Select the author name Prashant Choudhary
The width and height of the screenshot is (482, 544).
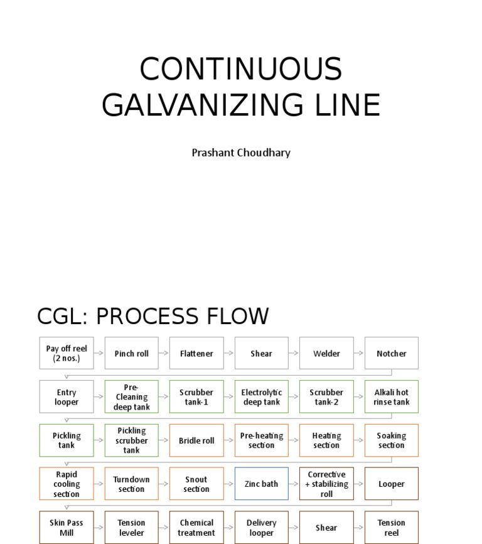[x=241, y=153]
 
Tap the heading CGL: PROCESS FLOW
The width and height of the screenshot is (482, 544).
[x=153, y=316]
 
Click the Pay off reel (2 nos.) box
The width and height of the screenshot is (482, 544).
[x=67, y=353]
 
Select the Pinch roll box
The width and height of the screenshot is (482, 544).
[x=132, y=353]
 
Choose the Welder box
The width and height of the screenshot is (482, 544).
[x=326, y=353]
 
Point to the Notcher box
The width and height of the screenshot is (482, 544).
[x=392, y=353]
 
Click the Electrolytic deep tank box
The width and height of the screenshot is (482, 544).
[x=262, y=397]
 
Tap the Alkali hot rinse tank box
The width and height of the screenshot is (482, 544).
[x=392, y=397]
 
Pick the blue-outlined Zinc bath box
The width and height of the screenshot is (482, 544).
[x=262, y=484]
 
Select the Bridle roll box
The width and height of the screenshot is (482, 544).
[x=196, y=440]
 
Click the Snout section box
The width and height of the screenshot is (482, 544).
[x=196, y=484]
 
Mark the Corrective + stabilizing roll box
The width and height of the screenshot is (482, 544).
[x=326, y=484]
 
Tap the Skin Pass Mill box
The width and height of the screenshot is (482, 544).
[x=67, y=528]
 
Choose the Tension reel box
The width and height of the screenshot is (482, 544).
[x=392, y=528]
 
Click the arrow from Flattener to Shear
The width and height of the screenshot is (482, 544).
[x=229, y=353]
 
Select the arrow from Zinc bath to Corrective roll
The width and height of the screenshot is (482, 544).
[x=294, y=484]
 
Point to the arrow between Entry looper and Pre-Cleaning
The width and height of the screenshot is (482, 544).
[x=99, y=397]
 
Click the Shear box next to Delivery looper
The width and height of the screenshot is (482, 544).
[x=326, y=528]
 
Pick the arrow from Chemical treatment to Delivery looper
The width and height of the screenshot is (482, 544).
[x=229, y=528]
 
